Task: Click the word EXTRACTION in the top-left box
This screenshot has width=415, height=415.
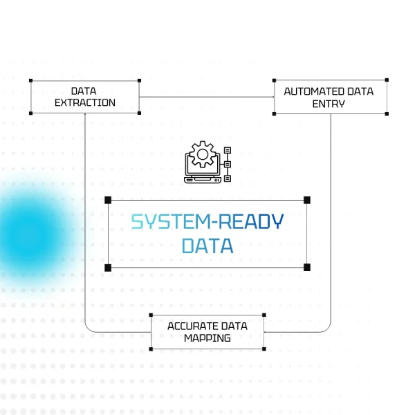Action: coord(84,103)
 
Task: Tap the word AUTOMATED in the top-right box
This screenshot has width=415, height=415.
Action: coord(308,91)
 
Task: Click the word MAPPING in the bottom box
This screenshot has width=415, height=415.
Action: coord(207,338)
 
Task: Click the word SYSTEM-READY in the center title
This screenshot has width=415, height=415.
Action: coord(207,222)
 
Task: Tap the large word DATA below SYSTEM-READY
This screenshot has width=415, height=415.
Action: coord(207,246)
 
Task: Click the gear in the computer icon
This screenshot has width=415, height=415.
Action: coord(202,154)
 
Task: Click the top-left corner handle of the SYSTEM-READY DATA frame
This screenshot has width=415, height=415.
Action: coord(108,200)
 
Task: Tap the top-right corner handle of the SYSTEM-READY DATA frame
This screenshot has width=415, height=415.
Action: coord(307,200)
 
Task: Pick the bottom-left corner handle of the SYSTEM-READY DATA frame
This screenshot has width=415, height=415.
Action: coord(108,267)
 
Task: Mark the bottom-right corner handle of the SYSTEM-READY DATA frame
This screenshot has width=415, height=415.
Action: coord(307,267)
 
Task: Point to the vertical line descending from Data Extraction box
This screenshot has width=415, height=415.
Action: coord(84,207)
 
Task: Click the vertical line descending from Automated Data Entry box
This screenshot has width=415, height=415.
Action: coord(331,207)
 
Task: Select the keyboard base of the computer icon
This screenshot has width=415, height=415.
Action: coord(202,178)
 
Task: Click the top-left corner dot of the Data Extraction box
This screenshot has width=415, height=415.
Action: coord(31,80)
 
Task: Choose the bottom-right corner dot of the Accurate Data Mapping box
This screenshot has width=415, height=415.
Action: coord(265,349)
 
